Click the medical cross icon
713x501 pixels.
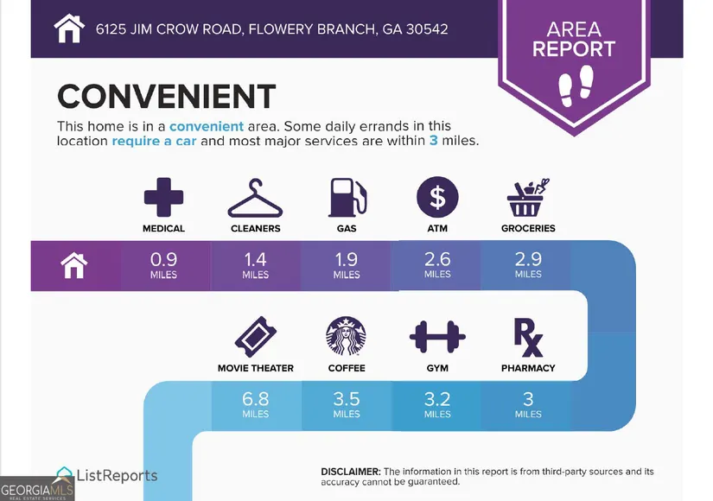coord(163,197)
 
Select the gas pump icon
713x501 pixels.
coord(347,197)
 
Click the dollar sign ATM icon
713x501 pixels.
coord(437,197)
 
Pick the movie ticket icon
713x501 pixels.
coord(256,337)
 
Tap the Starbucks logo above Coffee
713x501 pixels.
coord(346,336)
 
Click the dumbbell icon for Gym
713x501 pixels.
coord(437,337)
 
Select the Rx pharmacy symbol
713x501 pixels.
coord(528,338)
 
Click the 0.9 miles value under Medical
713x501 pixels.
coord(163,265)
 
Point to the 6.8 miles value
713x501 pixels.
coord(256,404)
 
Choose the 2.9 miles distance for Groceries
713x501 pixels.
coord(528,265)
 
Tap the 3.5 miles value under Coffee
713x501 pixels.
coord(347,404)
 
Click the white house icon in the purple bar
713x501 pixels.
coord(74,265)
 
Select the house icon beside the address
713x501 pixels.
coord(69,29)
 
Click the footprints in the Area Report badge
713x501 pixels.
coord(576,86)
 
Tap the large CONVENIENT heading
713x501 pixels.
coord(167,97)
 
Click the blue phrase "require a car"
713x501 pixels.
coord(154,141)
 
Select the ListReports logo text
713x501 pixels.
coord(117,476)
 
